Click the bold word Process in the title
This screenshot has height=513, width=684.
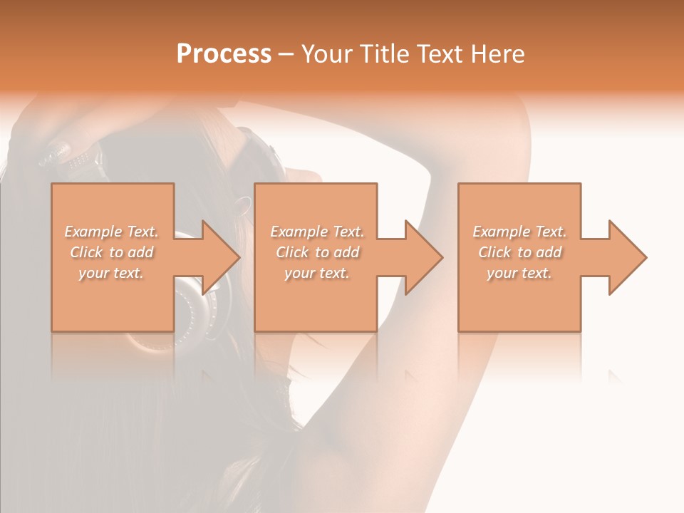pyautogui.click(x=224, y=54)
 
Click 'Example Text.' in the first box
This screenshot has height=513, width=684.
pyautogui.click(x=112, y=232)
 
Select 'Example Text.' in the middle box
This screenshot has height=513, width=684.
pyautogui.click(x=317, y=232)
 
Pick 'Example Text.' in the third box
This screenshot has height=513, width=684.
pyautogui.click(x=519, y=232)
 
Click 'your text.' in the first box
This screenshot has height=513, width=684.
pyautogui.click(x=112, y=273)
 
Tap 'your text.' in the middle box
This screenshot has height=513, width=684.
pyautogui.click(x=317, y=273)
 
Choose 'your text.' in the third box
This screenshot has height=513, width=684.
pyautogui.click(x=519, y=273)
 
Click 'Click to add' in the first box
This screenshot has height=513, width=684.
pyautogui.click(x=112, y=252)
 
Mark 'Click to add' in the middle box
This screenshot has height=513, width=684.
pyautogui.click(x=317, y=252)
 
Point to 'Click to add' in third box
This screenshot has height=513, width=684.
pyautogui.click(x=519, y=252)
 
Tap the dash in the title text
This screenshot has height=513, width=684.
pyautogui.click(x=286, y=55)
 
